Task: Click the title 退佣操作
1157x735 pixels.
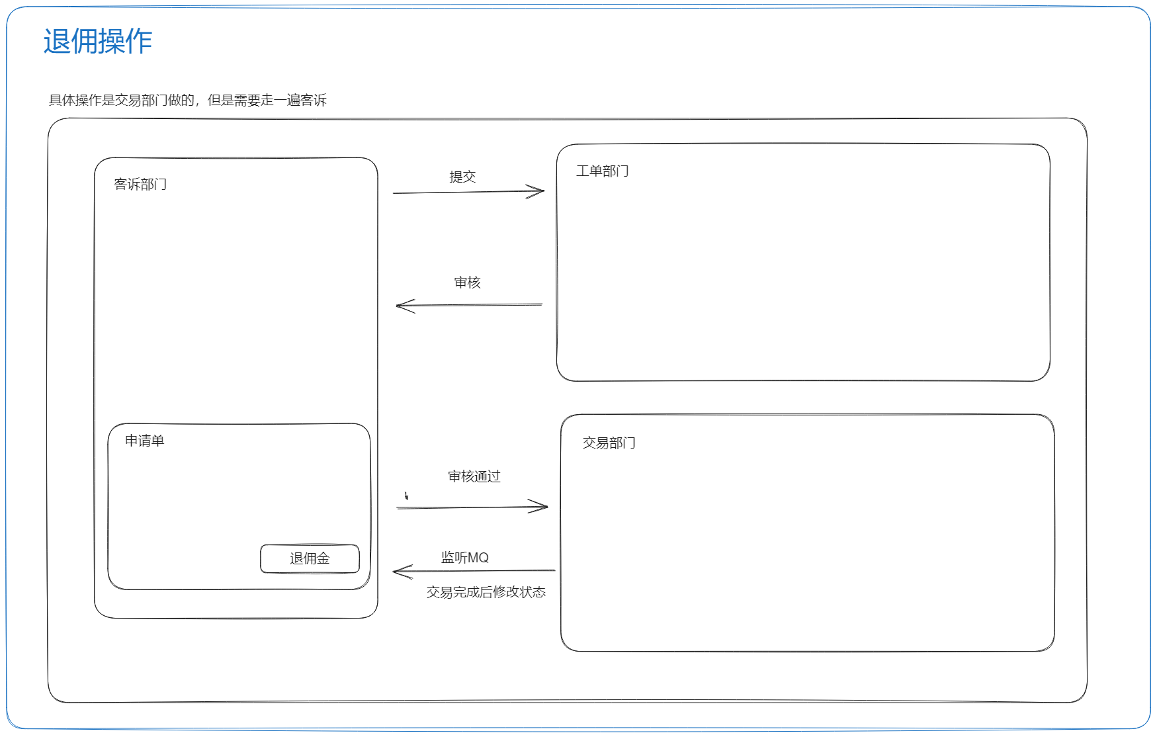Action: pyautogui.click(x=98, y=41)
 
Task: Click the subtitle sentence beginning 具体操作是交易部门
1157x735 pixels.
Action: pyautogui.click(x=188, y=100)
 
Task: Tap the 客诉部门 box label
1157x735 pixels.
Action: pyautogui.click(x=140, y=184)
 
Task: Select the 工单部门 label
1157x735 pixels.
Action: pyautogui.click(x=603, y=171)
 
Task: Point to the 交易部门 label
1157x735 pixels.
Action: pyautogui.click(x=609, y=443)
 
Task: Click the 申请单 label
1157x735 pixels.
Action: pyautogui.click(x=145, y=441)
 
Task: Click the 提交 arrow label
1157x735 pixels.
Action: pyautogui.click(x=463, y=177)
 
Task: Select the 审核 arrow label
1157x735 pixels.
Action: pyautogui.click(x=468, y=282)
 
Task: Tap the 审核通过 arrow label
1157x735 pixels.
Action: pyautogui.click(x=474, y=476)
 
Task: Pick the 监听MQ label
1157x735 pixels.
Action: pyautogui.click(x=465, y=558)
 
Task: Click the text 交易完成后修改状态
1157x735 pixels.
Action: pyautogui.click(x=486, y=592)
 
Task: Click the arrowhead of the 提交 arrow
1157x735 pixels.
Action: pyautogui.click(x=544, y=191)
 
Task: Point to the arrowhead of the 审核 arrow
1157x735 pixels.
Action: pyautogui.click(x=397, y=306)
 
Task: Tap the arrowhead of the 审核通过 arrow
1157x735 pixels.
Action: pyautogui.click(x=547, y=507)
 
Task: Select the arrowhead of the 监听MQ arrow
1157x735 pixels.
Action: pyautogui.click(x=394, y=572)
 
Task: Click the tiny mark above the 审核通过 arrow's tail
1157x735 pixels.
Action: pyautogui.click(x=406, y=496)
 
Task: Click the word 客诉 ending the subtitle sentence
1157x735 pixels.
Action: pyautogui.click(x=314, y=100)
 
